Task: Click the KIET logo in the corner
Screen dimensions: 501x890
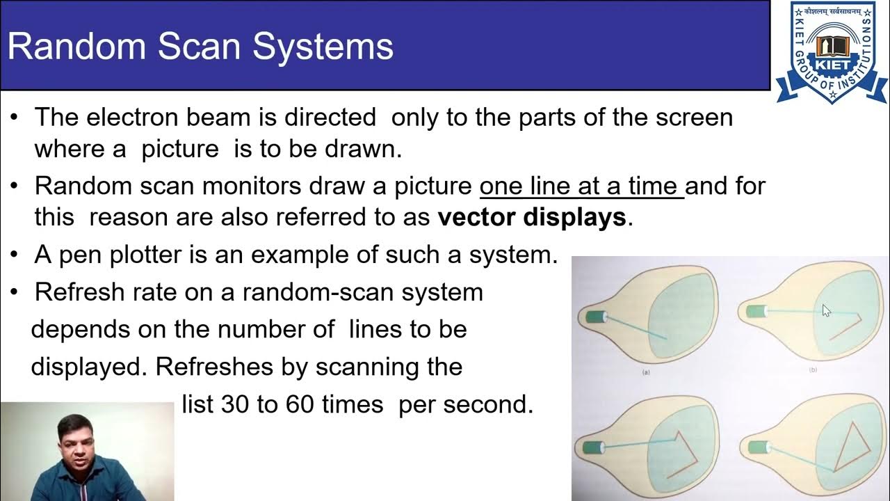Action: pyautogui.click(x=832, y=52)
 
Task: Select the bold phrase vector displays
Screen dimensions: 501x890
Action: pyautogui.click(x=532, y=218)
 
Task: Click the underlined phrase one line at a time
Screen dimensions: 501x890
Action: pyautogui.click(x=581, y=186)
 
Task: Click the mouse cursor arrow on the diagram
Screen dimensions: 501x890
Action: pyautogui.click(x=826, y=310)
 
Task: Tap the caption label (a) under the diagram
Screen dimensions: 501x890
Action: pyautogui.click(x=645, y=372)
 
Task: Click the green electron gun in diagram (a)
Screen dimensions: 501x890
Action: pyautogui.click(x=595, y=317)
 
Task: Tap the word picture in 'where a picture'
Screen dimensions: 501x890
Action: pyautogui.click(x=180, y=150)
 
